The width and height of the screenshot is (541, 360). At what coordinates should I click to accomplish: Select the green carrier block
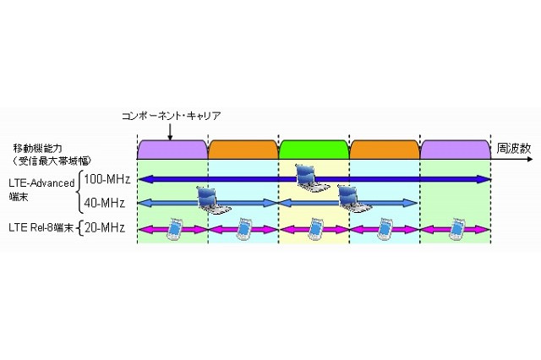[314, 149]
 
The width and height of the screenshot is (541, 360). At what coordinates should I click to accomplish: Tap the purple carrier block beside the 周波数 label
[456, 149]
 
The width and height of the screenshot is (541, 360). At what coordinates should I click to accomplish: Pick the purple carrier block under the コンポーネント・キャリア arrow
[172, 149]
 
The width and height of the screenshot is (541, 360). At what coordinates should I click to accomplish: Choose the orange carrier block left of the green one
[243, 149]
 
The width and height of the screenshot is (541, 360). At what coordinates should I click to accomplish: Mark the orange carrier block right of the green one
[385, 149]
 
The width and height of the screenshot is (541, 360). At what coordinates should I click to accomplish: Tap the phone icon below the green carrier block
[315, 226]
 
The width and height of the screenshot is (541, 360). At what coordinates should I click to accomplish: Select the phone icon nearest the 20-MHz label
[173, 226]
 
